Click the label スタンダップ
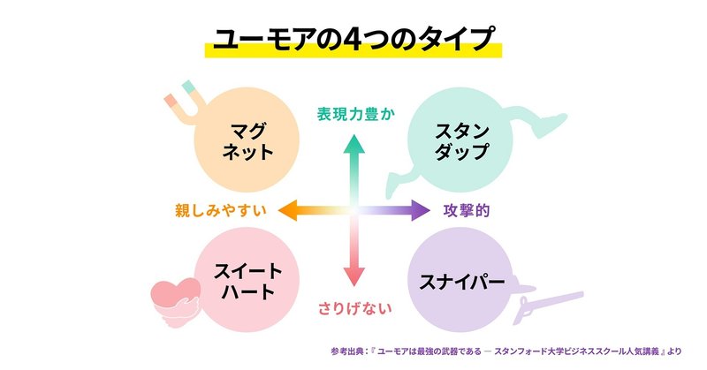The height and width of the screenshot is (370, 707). (x=462, y=140)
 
